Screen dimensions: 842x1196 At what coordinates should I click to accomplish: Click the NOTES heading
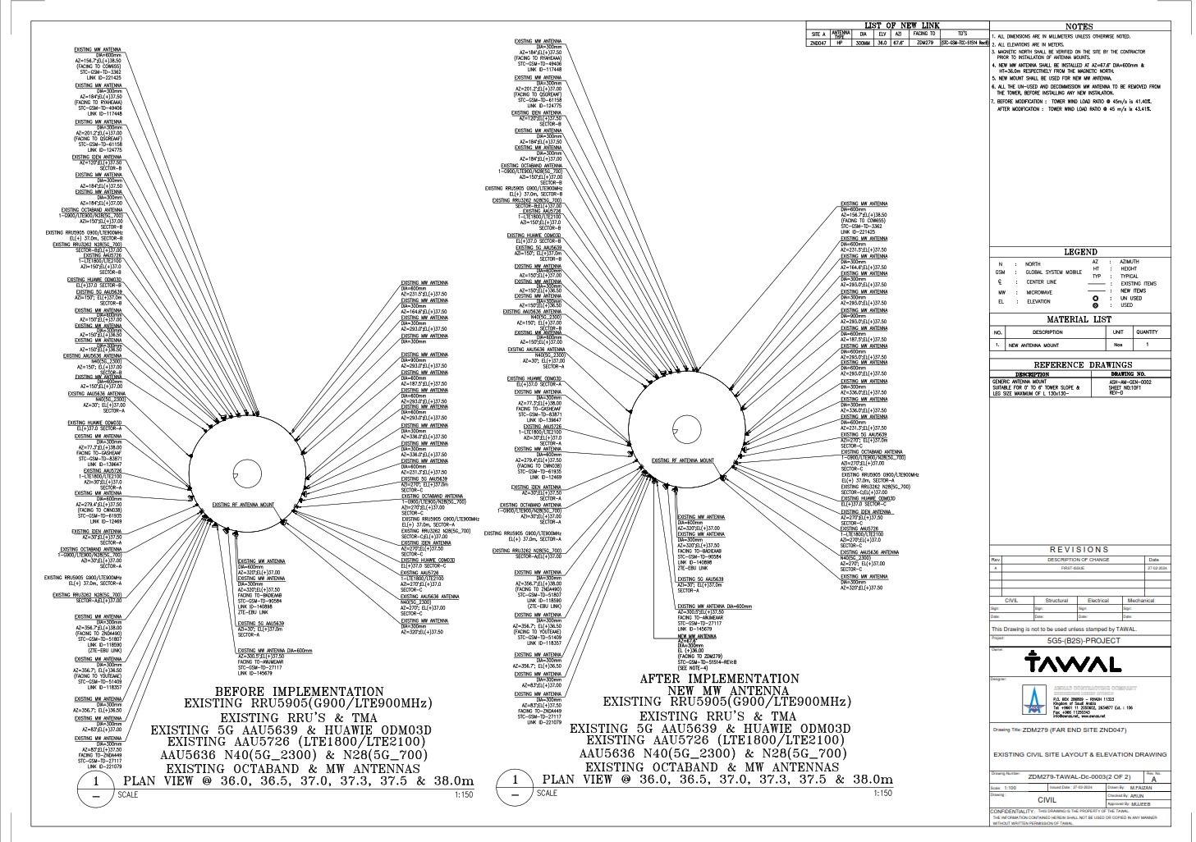(x=1089, y=26)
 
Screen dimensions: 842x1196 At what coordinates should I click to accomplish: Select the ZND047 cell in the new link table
(x=817, y=42)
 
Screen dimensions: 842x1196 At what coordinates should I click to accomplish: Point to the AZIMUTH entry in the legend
(x=1129, y=261)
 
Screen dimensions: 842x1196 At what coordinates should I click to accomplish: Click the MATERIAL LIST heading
(x=1079, y=319)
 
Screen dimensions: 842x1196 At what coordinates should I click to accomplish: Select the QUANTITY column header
(x=1147, y=332)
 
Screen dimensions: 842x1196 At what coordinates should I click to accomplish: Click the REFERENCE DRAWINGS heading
(x=1082, y=364)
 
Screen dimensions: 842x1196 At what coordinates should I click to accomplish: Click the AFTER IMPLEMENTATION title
(x=718, y=680)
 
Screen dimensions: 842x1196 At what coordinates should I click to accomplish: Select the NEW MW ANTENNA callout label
(x=692, y=636)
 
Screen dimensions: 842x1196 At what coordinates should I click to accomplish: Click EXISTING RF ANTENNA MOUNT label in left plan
(x=243, y=505)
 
